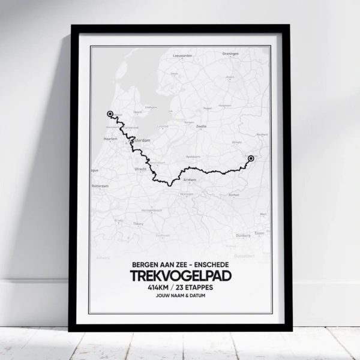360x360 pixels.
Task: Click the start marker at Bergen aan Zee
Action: pos(110,113)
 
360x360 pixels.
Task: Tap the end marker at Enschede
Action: pos(251,158)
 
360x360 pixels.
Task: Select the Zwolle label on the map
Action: pos(202,127)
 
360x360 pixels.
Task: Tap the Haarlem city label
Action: pos(110,139)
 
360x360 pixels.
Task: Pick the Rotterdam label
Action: pos(100,186)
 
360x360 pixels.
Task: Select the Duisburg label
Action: pos(243,235)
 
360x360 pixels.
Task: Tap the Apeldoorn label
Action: pos(193,156)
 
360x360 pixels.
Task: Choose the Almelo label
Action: pos(238,142)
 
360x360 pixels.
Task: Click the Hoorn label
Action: pos(137,112)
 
